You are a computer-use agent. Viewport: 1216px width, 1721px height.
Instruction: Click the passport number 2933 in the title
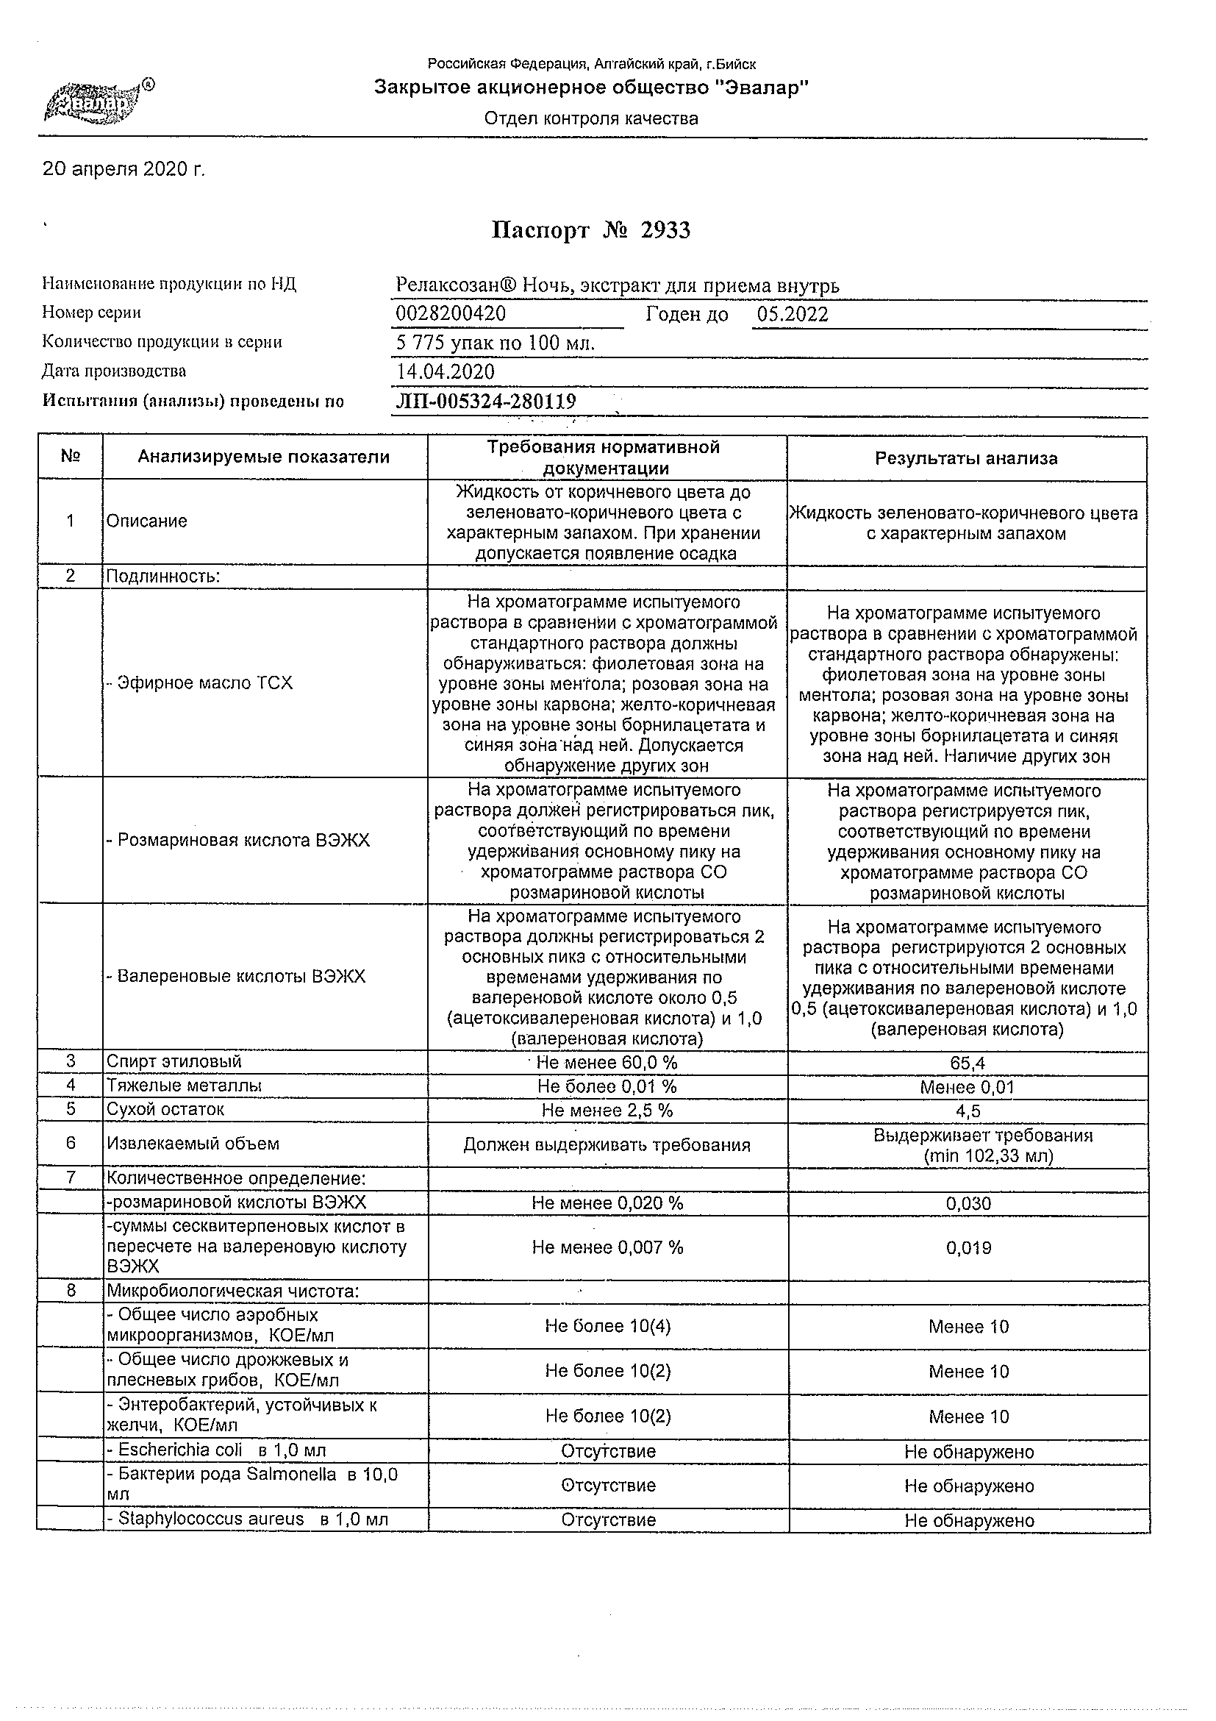665,230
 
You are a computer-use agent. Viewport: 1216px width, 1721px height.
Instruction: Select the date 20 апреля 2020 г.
124,170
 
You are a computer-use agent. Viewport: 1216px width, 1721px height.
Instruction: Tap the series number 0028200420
450,314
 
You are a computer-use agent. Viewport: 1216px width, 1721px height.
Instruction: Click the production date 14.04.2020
445,372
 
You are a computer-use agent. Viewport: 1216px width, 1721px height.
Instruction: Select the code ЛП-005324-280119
485,402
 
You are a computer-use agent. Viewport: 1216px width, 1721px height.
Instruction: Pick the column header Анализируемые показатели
264,457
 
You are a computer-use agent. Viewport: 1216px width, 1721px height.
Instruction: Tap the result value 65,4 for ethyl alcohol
968,1063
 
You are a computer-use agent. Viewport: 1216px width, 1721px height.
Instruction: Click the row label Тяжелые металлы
185,1086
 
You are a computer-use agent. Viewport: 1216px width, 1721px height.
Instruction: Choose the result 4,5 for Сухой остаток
968,1111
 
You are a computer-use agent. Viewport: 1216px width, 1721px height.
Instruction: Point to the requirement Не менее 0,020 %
607,1203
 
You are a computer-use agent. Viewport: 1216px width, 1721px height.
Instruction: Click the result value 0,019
968,1248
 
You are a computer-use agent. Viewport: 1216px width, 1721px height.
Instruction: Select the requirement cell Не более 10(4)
607,1326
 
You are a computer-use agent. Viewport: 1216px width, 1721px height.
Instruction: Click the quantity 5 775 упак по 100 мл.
495,343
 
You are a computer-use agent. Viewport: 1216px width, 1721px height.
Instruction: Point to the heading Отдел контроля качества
590,118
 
